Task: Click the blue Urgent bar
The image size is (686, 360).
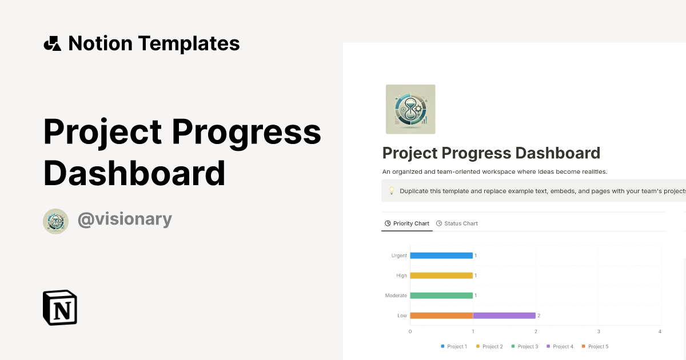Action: (x=441, y=255)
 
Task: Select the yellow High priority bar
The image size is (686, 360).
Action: (x=441, y=275)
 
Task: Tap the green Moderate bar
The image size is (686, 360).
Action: (x=441, y=295)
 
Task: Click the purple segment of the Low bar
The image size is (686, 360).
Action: (x=504, y=315)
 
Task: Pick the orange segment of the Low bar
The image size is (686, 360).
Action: (x=441, y=315)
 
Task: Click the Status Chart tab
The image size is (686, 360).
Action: (x=457, y=223)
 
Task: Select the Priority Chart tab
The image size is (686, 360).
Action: (x=407, y=223)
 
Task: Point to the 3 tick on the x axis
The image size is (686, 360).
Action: (x=599, y=331)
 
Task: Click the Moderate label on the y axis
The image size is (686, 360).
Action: (x=396, y=295)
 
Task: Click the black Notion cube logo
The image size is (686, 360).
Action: (x=60, y=307)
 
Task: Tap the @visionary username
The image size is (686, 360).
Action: (x=125, y=219)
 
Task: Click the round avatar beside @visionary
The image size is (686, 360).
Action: (x=56, y=221)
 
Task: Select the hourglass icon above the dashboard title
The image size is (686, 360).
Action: (x=410, y=109)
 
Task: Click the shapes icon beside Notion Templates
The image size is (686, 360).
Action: (x=52, y=43)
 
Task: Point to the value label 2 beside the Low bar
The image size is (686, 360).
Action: (x=539, y=315)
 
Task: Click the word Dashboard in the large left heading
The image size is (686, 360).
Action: (x=134, y=174)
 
